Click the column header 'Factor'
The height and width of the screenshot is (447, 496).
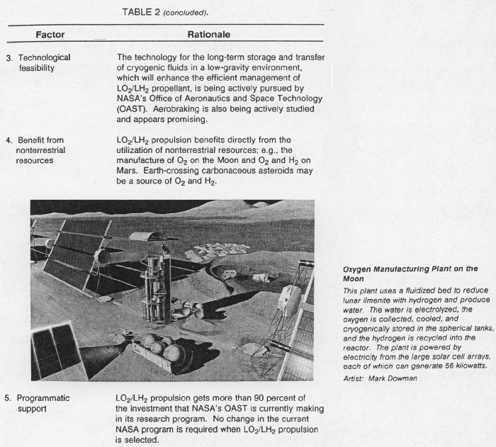(50, 35)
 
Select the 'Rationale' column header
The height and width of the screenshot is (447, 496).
(208, 35)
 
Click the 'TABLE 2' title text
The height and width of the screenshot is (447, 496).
(142, 11)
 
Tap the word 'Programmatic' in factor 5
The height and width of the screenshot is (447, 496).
(44, 399)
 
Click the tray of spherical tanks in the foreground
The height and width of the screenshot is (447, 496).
(160, 352)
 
